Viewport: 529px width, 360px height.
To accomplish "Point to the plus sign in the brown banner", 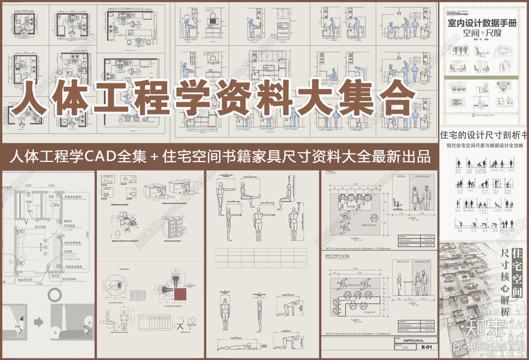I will [153, 156].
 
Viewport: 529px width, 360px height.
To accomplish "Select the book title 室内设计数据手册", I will [482, 23].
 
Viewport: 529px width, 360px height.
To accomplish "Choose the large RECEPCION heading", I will [337, 256].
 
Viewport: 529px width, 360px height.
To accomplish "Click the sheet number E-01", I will [427, 347].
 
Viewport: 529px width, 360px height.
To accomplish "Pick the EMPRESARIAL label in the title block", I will [413, 340].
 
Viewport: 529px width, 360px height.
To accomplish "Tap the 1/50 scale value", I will [404, 348].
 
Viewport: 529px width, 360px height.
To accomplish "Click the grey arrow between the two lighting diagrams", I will [39, 322].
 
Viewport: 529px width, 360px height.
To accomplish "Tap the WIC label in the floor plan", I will [30, 211].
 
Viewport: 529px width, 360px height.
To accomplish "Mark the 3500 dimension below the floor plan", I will [39, 284].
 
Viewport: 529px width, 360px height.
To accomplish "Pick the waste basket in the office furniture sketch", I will [117, 235].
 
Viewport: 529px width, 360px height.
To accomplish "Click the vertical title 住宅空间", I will [516, 273].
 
